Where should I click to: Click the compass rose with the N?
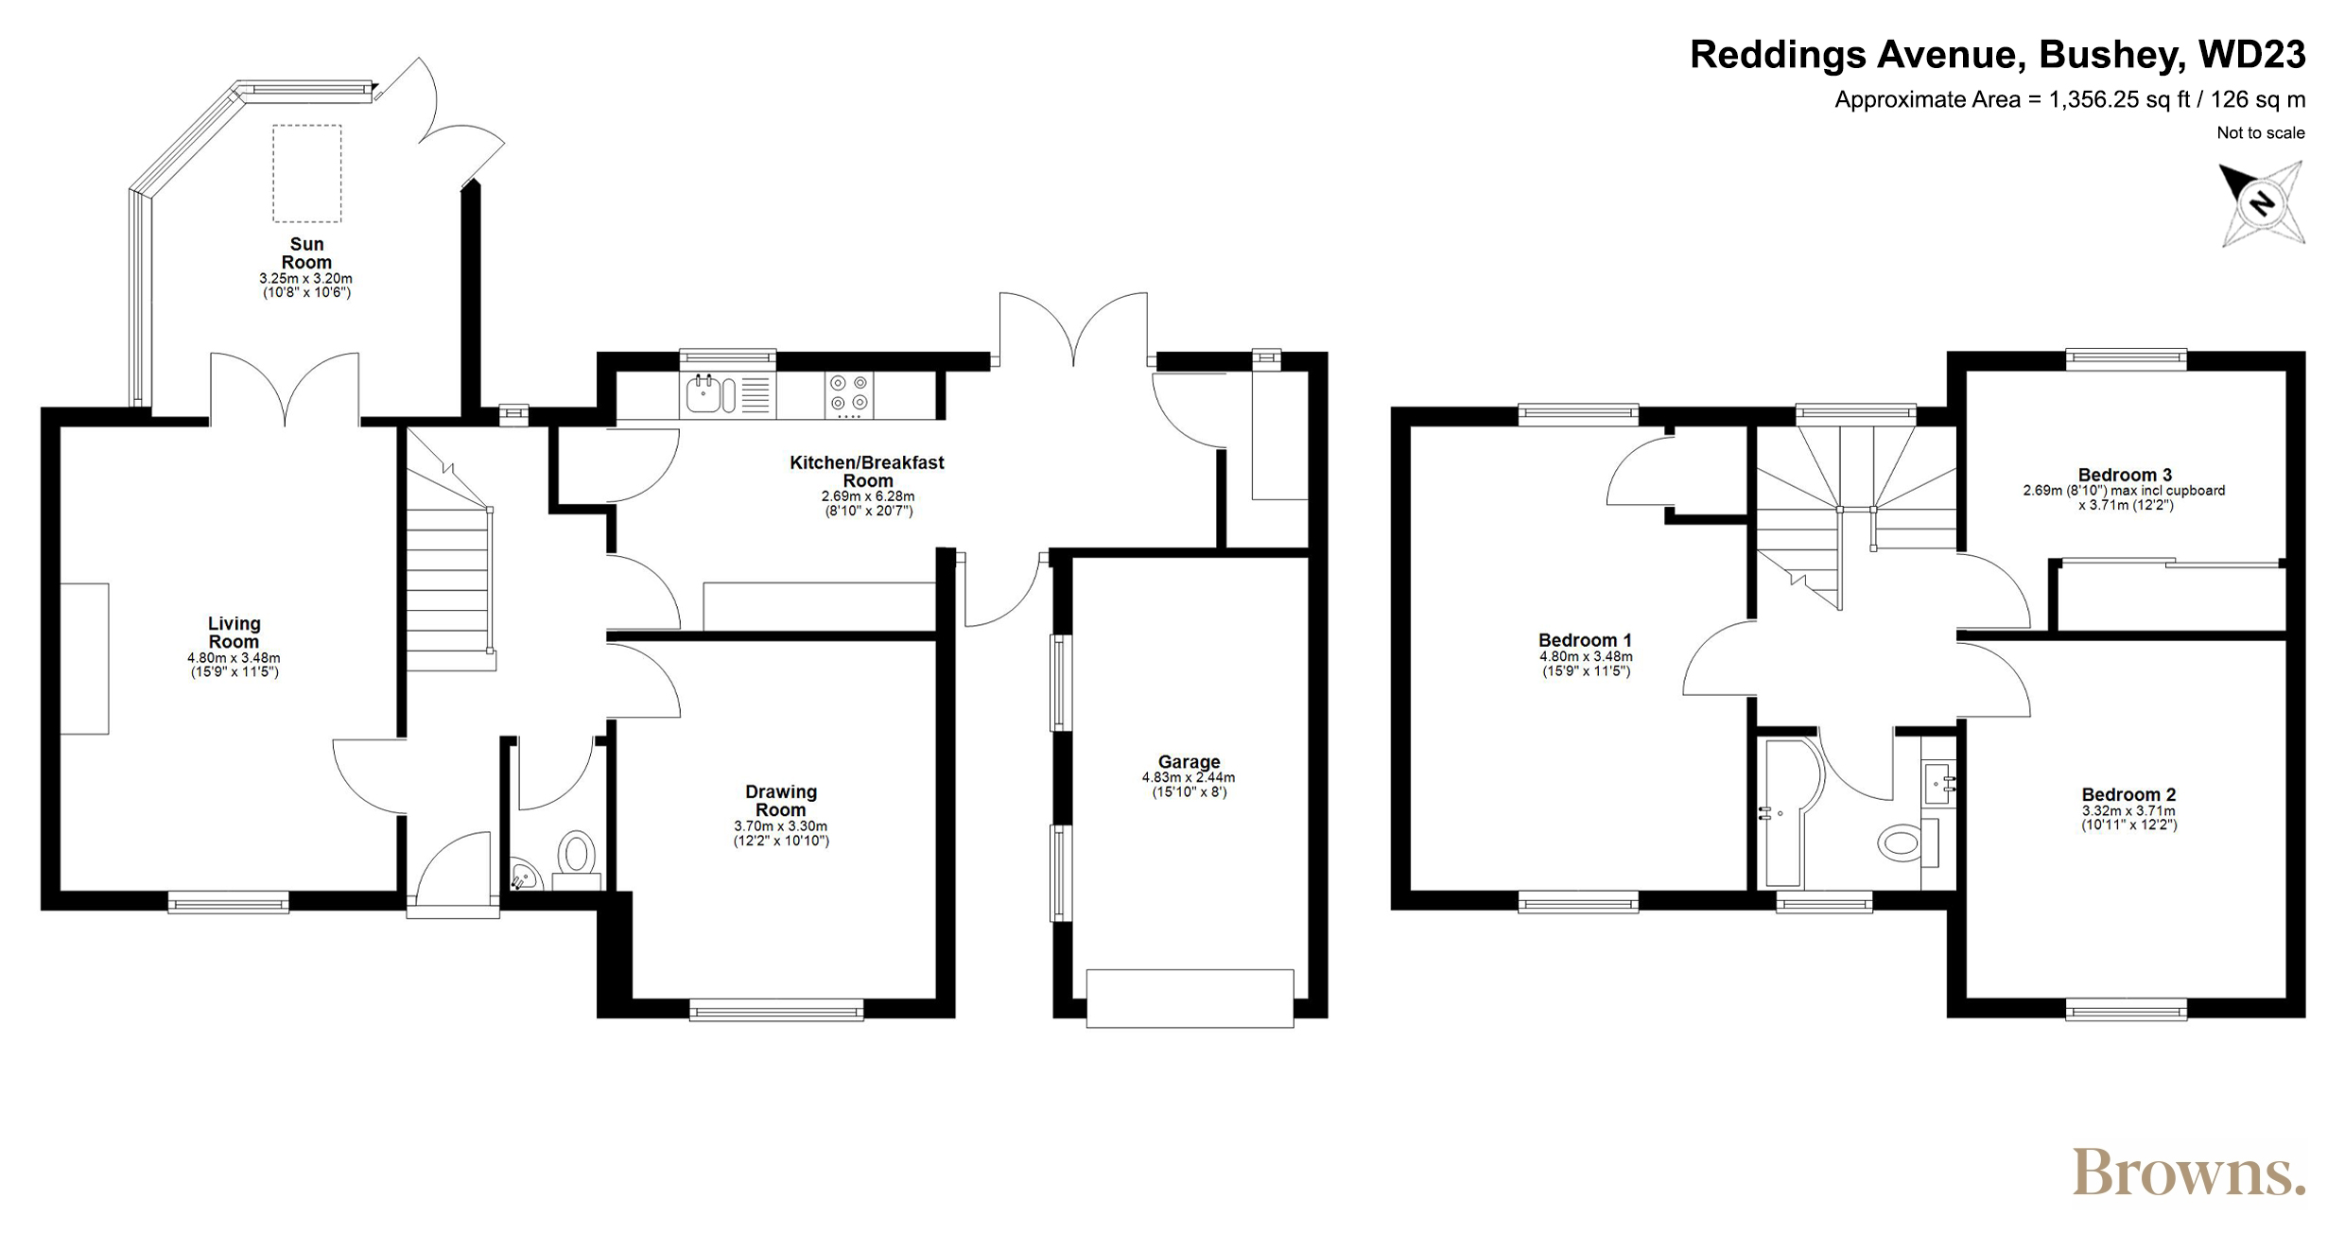(2262, 204)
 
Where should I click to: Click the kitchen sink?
(711, 394)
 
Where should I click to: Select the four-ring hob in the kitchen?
(848, 395)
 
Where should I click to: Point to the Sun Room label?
(306, 253)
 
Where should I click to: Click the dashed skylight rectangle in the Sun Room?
(307, 173)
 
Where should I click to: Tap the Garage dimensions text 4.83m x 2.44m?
(1189, 778)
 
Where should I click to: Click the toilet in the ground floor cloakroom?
(576, 856)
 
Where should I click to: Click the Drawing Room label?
(781, 801)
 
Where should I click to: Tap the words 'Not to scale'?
(2261, 133)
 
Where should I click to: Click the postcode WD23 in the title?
(2252, 55)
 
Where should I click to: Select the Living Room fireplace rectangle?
(85, 659)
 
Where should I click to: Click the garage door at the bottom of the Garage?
(1190, 999)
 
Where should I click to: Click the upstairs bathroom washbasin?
(1937, 783)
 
